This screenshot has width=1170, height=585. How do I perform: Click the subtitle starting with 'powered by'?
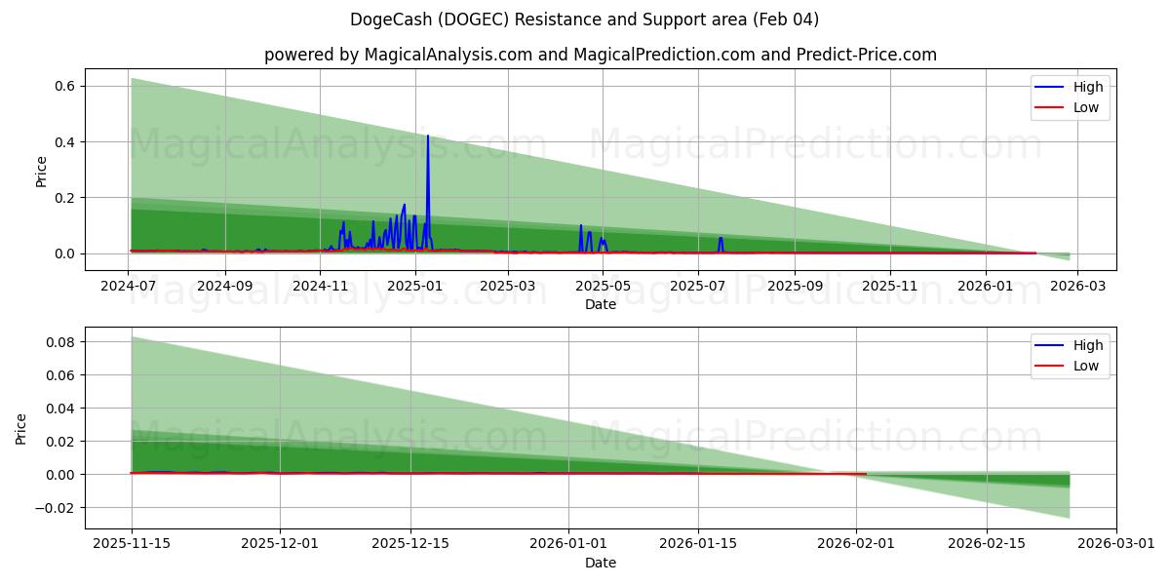pos(600,55)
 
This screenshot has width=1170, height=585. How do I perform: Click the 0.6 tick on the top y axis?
pos(64,87)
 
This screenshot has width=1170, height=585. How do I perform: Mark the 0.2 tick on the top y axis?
pos(64,198)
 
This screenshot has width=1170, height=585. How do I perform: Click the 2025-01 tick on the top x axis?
pos(415,287)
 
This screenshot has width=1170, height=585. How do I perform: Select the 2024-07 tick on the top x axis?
pos(130,287)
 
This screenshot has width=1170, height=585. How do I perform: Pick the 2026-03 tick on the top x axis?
pos(1077,287)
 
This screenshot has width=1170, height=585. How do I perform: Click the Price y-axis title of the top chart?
pos(41,172)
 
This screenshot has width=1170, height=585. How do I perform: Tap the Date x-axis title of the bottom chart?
pos(600,563)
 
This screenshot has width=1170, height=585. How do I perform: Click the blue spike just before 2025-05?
pos(581,228)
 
